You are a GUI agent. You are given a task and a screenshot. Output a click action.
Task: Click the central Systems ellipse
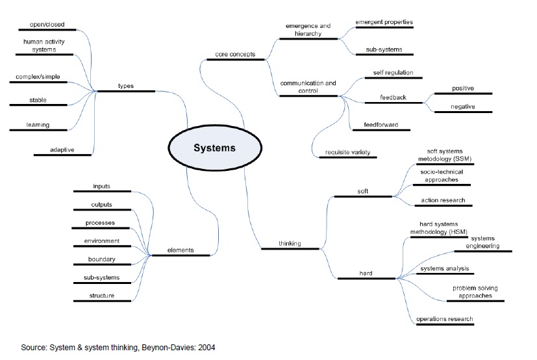pyautogui.click(x=214, y=148)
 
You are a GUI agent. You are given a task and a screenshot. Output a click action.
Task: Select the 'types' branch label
pyautogui.click(x=126, y=86)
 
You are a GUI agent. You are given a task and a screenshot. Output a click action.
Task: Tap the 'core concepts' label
pyautogui.click(x=234, y=54)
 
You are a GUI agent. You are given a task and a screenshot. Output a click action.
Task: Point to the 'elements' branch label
pyautogui.click(x=181, y=250)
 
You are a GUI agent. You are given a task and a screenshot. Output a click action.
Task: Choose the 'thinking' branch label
pyautogui.click(x=290, y=244)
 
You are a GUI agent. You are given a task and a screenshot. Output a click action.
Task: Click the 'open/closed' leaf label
pyautogui.click(x=45, y=24)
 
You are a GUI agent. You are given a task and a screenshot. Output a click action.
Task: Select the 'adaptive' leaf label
pyautogui.click(x=62, y=150)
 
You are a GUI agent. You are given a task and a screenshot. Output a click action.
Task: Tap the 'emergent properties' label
pyautogui.click(x=384, y=22)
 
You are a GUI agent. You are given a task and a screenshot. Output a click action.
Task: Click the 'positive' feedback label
pyautogui.click(x=463, y=88)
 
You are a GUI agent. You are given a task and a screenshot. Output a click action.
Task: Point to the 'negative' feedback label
pyautogui.click(x=463, y=107)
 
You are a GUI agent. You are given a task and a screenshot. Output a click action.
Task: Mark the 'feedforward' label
pyautogui.click(x=381, y=125)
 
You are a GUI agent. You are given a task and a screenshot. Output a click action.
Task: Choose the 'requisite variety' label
pyautogui.click(x=351, y=153)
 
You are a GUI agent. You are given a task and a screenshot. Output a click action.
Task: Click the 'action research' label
pyautogui.click(x=443, y=200)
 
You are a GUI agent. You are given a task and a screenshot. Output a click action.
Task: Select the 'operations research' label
pyautogui.click(x=444, y=319)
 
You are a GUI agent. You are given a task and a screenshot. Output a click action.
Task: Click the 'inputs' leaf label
pyautogui.click(x=101, y=186)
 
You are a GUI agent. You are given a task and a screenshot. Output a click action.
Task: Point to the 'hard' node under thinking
pyautogui.click(x=366, y=274)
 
